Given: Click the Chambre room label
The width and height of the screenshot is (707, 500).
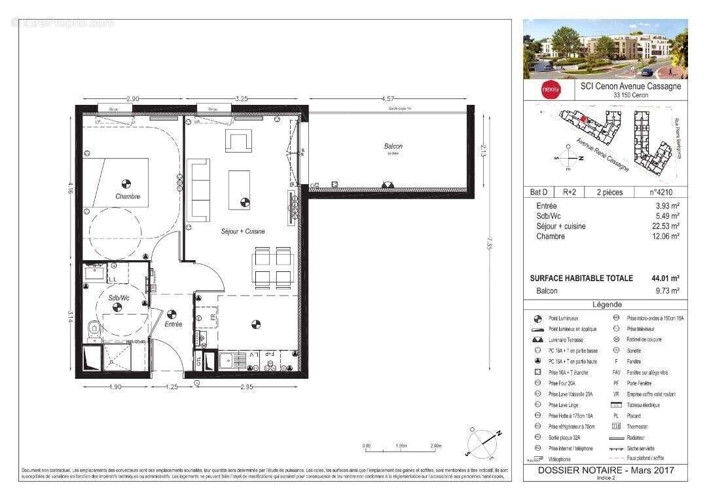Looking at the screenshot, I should coord(128,197).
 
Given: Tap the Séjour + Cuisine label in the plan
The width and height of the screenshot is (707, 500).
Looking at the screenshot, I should coord(242,231).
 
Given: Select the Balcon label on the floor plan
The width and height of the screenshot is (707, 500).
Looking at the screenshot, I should coord(393,147).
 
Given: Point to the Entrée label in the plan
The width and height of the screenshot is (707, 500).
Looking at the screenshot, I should coord(173,324).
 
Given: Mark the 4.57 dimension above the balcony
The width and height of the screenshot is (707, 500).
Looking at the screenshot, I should coord(388,98).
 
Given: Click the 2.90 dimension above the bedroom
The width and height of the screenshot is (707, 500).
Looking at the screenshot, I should coord(132,98).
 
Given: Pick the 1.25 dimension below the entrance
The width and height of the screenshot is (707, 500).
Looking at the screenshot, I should coord(172,387).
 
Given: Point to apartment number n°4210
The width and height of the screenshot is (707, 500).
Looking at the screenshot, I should coord(661,193).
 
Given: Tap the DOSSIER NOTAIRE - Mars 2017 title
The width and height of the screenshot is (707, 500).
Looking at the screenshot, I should coord(605,471).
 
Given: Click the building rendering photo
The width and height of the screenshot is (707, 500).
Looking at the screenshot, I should coord(605,48).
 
